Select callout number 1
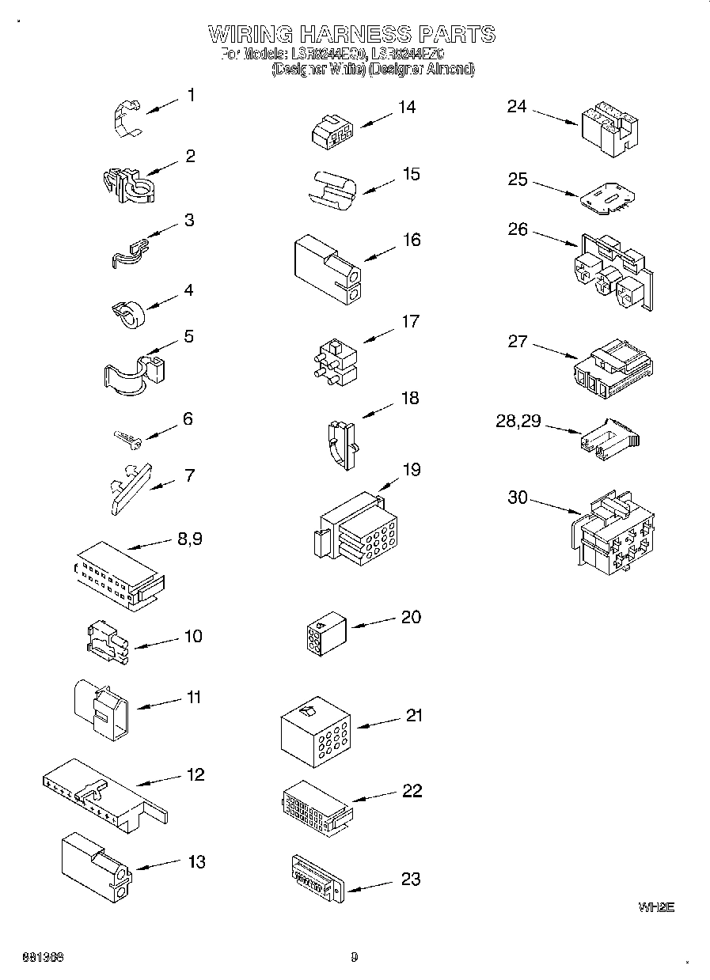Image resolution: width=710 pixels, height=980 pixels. point(191,95)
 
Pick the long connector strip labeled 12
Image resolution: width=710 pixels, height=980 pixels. point(102,794)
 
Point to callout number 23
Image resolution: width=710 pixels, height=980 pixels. point(411,879)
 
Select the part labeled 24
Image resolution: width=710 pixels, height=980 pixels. point(609,126)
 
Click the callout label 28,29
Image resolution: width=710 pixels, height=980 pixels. point(518,421)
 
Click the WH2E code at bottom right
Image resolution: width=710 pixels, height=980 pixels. point(656,908)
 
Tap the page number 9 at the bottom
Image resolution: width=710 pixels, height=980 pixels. point(355,958)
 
